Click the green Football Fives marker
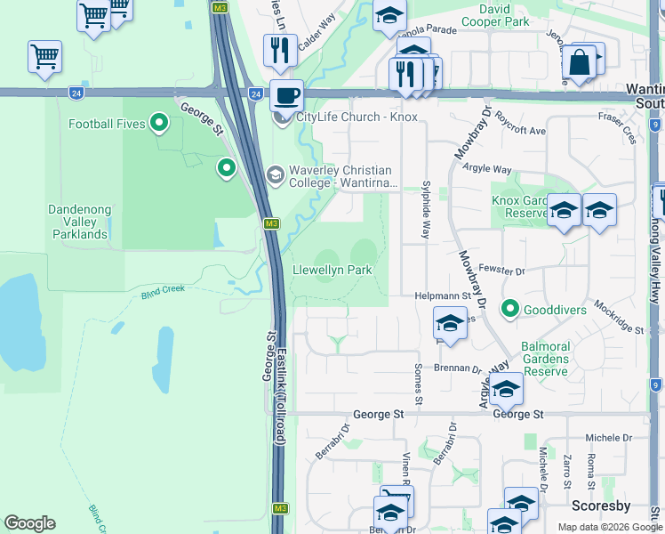[x=159, y=123]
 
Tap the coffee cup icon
[x=285, y=94]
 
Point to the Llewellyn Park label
[x=332, y=270]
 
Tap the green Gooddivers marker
[x=509, y=309]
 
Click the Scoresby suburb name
[x=600, y=506]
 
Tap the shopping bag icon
[x=579, y=63]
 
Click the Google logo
[x=29, y=523]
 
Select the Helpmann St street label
[x=441, y=295]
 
